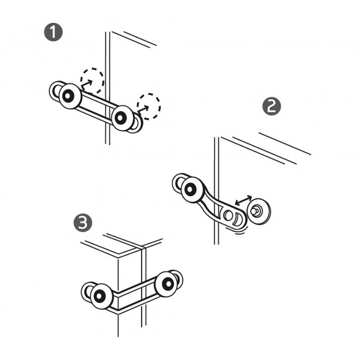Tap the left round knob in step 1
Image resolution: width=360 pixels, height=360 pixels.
point(70,97)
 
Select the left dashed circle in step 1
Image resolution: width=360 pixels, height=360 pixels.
point(92,80)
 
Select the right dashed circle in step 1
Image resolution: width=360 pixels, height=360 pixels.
point(148,106)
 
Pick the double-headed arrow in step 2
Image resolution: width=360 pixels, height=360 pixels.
point(243,202)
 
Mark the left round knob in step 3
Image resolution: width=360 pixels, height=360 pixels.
point(100,297)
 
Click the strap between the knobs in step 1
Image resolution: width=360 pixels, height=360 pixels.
point(96,106)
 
